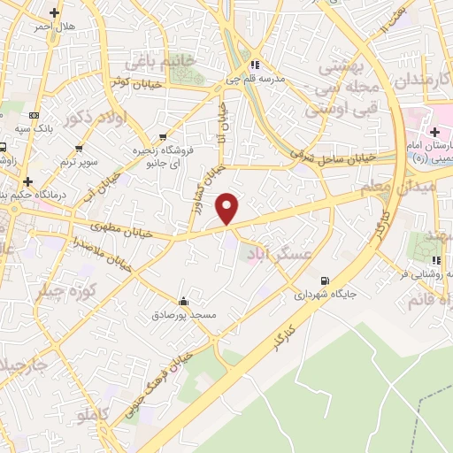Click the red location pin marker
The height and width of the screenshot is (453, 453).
point(228,208)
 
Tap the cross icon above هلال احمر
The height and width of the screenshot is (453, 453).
point(55,13)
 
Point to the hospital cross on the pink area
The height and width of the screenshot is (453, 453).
point(434,132)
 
